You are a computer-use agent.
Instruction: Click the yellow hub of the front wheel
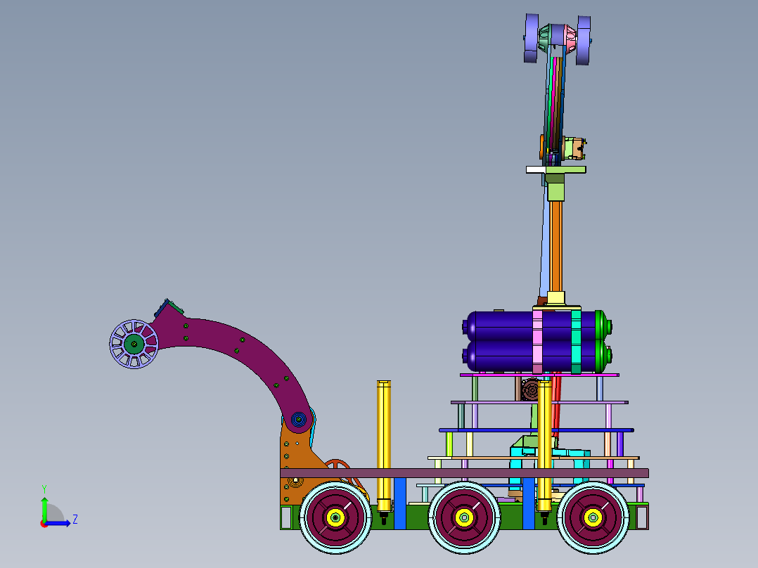click(335, 517)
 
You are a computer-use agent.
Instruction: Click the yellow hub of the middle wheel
click(464, 517)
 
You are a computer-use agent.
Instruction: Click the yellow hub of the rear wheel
click(593, 517)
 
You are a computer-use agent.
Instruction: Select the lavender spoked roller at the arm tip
click(134, 344)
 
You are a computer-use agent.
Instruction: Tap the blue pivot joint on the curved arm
click(298, 419)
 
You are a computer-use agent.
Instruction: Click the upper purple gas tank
click(537, 325)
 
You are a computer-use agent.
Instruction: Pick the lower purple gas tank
click(537, 356)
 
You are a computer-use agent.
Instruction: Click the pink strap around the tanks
click(537, 341)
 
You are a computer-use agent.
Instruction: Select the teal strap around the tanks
click(576, 341)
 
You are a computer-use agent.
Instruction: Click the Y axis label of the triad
click(44, 489)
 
